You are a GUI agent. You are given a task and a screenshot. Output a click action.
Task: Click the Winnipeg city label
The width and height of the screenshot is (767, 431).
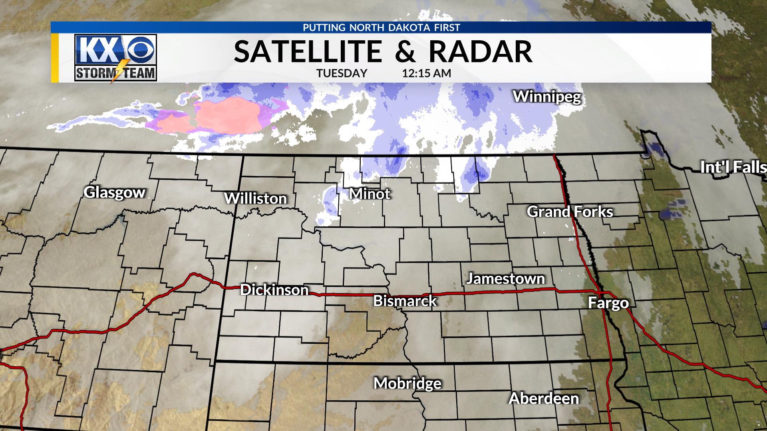[546, 97]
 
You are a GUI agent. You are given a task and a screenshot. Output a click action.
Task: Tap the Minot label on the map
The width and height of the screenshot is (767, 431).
[370, 194]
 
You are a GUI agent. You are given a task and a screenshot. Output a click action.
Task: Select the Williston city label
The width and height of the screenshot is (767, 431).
[256, 198]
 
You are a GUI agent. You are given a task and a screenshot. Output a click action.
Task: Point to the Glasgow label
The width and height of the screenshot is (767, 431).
[115, 192]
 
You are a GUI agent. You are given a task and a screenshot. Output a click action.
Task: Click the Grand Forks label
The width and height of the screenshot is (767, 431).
[570, 212]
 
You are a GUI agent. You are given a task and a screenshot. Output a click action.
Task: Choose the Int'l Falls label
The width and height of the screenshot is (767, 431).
[733, 168]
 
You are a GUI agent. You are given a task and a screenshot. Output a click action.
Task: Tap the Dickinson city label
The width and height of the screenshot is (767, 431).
[274, 290]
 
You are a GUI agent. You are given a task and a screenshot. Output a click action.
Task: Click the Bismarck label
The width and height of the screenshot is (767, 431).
[405, 301]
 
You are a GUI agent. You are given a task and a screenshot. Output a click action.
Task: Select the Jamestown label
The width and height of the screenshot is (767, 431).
[505, 278]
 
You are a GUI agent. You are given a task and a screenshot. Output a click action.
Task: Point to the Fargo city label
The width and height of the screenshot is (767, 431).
[608, 303]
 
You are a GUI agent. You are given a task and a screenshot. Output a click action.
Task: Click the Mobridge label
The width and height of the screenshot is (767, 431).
[407, 384]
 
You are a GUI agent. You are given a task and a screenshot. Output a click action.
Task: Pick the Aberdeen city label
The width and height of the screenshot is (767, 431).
[544, 398]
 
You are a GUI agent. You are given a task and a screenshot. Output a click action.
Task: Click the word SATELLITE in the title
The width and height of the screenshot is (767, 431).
[308, 52]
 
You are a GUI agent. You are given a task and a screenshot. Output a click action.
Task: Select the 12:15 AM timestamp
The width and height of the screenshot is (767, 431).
[426, 73]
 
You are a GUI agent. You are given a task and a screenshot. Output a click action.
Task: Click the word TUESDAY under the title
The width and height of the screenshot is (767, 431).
[342, 73]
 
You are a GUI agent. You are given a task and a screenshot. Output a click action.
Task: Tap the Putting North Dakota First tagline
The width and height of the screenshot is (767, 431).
[382, 28]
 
